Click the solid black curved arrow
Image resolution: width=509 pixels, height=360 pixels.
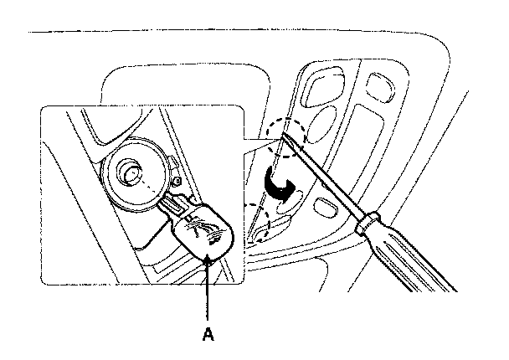click(277, 186)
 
